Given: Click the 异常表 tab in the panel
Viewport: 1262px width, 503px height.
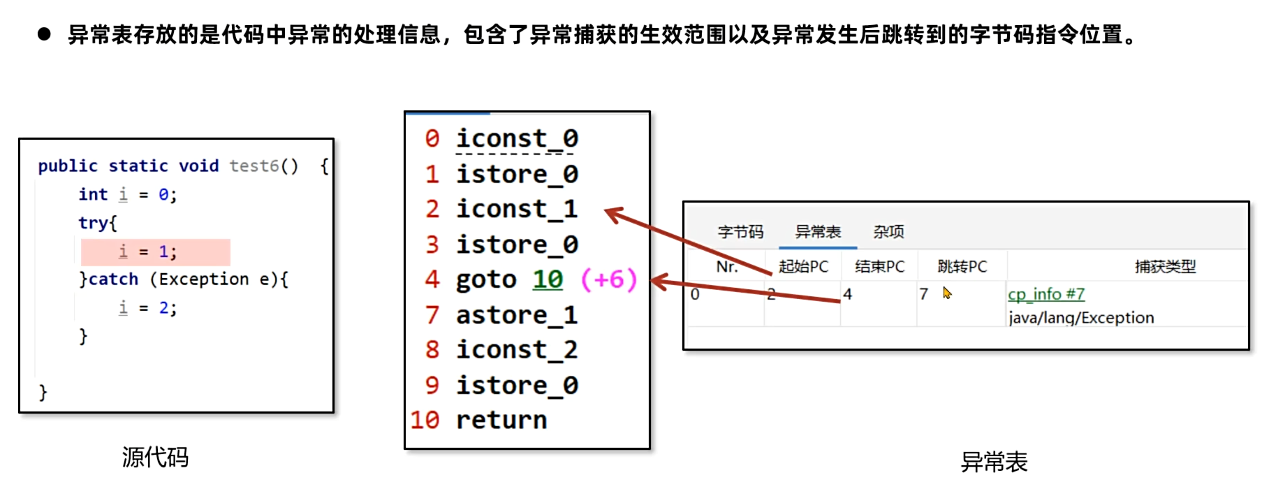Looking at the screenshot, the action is [818, 232].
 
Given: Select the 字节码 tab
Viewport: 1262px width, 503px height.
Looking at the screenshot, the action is [740, 232].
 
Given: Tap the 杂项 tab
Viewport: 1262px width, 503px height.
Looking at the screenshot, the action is [888, 232].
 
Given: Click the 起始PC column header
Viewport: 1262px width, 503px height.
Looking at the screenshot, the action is [803, 266].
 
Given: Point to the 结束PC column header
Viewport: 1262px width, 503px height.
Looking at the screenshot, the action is [879, 266].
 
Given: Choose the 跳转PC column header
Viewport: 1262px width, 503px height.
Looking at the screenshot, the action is [962, 266].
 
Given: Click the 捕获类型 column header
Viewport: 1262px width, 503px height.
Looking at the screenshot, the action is [1165, 266].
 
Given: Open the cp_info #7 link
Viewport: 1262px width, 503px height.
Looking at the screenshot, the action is [1045, 295].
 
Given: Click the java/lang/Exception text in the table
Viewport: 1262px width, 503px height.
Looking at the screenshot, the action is [1080, 318].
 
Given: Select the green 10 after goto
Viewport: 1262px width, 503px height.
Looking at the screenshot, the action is [548, 279].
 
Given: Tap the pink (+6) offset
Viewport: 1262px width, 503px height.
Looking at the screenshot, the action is [608, 279].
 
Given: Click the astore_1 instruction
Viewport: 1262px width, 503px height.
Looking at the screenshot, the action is [517, 315].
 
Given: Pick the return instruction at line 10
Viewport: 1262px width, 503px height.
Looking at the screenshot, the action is [501, 420].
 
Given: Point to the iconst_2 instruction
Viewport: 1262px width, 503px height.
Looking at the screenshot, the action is [517, 349].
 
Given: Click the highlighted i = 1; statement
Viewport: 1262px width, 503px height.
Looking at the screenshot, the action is [155, 251].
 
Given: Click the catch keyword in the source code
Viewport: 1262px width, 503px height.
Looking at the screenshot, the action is [113, 279].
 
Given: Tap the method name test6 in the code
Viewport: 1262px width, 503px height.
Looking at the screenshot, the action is [254, 166].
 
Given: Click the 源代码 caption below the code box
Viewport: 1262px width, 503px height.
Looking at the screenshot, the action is [155, 458].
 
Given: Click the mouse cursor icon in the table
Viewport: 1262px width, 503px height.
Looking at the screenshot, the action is [947, 293].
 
